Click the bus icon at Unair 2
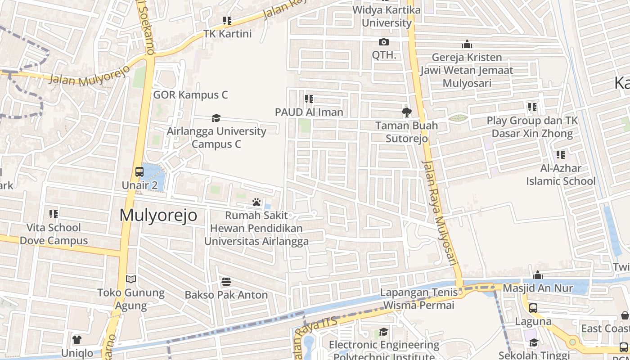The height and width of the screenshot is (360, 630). click(139, 172)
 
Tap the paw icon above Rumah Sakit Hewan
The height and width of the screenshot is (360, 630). click(256, 202)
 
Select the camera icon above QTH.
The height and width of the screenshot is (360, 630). click(384, 42)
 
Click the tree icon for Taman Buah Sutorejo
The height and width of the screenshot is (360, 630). click(406, 112)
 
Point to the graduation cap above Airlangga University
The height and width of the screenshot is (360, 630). click(216, 118)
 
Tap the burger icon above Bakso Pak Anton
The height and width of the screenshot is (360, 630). click(226, 282)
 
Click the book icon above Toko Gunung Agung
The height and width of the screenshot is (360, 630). click(131, 279)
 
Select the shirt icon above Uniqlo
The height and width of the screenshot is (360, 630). click(77, 339)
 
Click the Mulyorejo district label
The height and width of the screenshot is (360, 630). click(158, 216)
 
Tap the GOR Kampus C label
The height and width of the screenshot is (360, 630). click(190, 95)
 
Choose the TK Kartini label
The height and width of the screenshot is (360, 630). click(227, 34)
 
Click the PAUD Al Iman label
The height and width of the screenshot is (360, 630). click(310, 112)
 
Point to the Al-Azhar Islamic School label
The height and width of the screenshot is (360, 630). click(561, 175)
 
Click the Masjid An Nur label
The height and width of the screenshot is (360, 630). click(538, 288)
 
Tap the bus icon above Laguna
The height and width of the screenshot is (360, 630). click(533, 308)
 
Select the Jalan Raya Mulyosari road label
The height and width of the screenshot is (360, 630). click(440, 211)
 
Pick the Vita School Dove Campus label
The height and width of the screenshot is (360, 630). click(54, 234)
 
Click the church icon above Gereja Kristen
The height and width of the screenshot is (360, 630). click(467, 45)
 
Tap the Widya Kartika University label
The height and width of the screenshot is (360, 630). click(387, 16)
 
